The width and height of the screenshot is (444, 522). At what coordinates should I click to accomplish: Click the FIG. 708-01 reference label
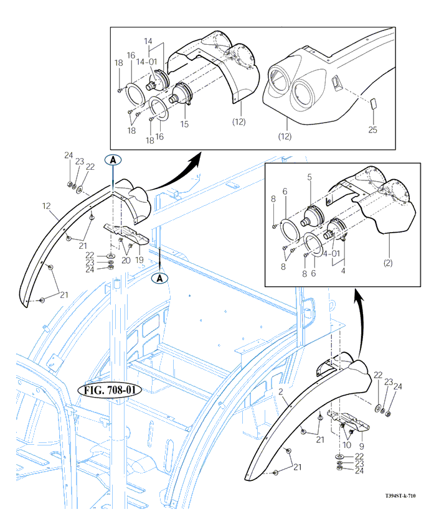coord(110,390)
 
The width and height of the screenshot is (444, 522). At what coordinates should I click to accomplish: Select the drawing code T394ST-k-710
coord(400,496)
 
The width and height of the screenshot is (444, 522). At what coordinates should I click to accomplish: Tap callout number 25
coord(372,129)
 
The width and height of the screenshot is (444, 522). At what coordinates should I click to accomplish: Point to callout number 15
coord(184,124)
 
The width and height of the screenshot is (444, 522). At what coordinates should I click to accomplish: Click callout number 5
coord(309,177)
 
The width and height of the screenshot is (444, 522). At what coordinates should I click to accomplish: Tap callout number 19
coord(140,259)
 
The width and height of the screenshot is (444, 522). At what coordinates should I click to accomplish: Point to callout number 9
coord(362,445)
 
